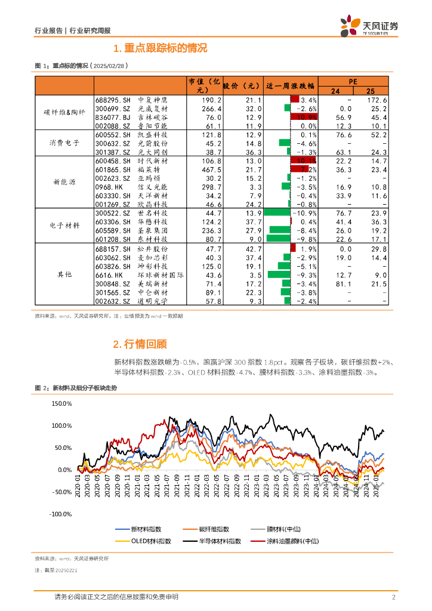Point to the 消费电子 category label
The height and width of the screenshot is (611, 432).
(x=65, y=144)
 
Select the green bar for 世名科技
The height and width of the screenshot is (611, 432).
(x=276, y=213)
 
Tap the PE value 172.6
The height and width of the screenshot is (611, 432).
(x=377, y=100)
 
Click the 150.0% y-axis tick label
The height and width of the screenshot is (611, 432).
(x=61, y=404)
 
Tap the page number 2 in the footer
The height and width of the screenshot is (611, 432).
(x=394, y=597)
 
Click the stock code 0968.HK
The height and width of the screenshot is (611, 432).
(x=109, y=187)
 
